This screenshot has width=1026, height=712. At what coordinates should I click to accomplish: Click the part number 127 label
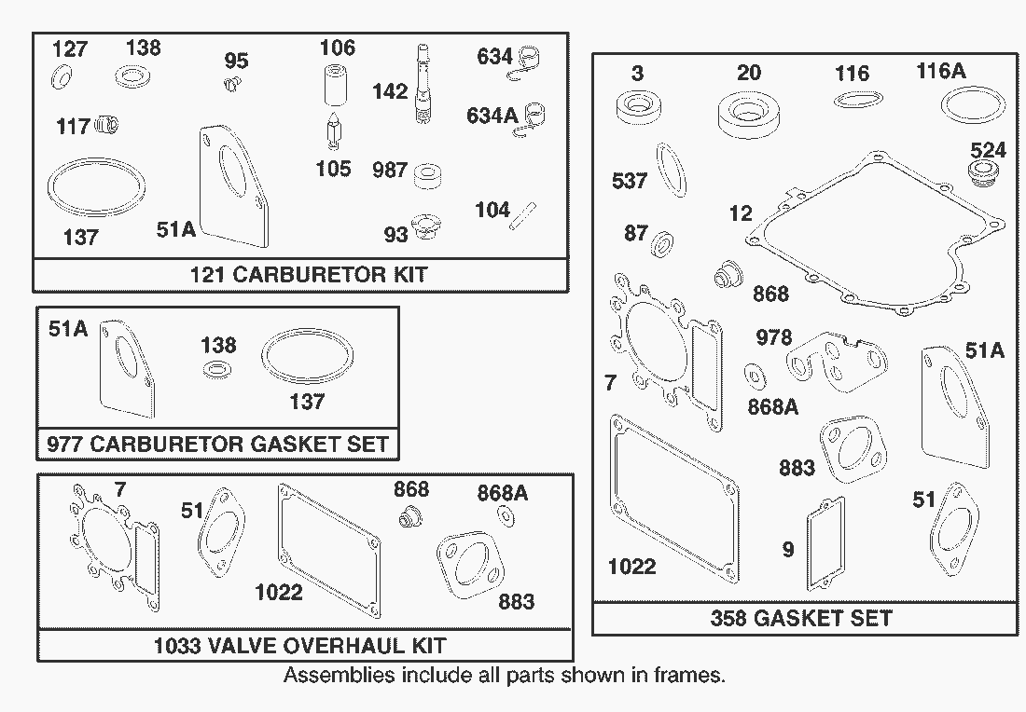click(70, 48)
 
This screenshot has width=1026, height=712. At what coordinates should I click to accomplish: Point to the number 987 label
click(390, 171)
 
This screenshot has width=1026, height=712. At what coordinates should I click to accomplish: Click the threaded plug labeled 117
click(109, 124)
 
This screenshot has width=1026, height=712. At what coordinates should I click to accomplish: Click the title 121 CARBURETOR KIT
click(308, 275)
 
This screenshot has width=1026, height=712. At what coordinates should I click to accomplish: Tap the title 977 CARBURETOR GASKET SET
click(217, 444)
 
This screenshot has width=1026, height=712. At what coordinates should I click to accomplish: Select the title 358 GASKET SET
click(801, 618)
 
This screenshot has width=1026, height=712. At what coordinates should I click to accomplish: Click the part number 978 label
click(774, 337)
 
